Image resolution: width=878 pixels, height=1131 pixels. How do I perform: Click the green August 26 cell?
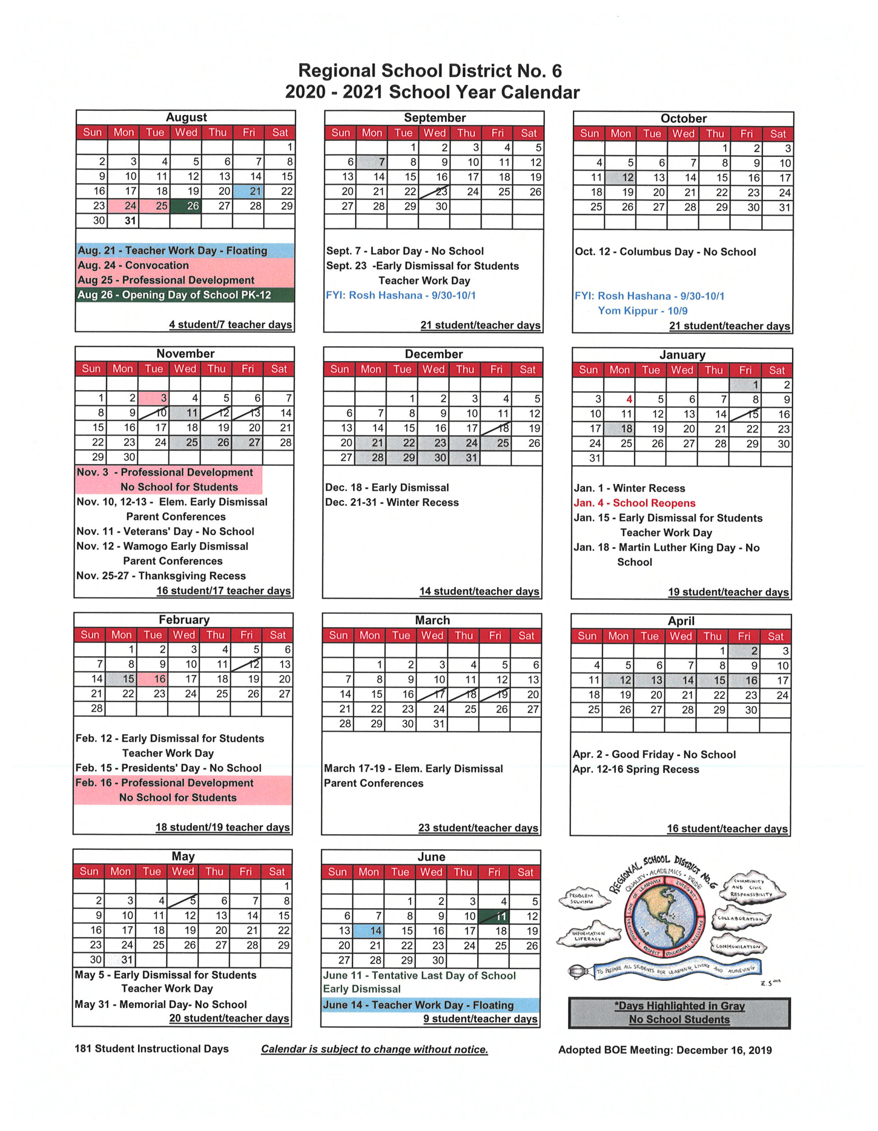185,205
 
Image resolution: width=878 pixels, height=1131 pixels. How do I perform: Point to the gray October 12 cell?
620,178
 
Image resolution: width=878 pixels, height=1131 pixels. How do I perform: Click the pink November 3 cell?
154,398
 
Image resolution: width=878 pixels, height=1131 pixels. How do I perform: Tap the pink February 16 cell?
152,679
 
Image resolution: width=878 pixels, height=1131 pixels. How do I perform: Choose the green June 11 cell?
493,916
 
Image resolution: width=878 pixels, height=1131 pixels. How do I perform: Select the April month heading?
681,621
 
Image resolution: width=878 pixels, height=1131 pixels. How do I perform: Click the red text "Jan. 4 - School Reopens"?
634,503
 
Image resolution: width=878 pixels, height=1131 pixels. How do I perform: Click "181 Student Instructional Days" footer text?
151,1049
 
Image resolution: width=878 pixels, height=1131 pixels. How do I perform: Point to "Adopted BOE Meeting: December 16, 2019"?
665,1050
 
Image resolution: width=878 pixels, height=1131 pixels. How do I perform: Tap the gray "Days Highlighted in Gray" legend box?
679,1013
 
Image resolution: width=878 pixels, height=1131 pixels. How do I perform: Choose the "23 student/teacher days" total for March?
478,827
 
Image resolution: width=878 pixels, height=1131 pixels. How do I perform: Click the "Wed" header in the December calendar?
433,369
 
